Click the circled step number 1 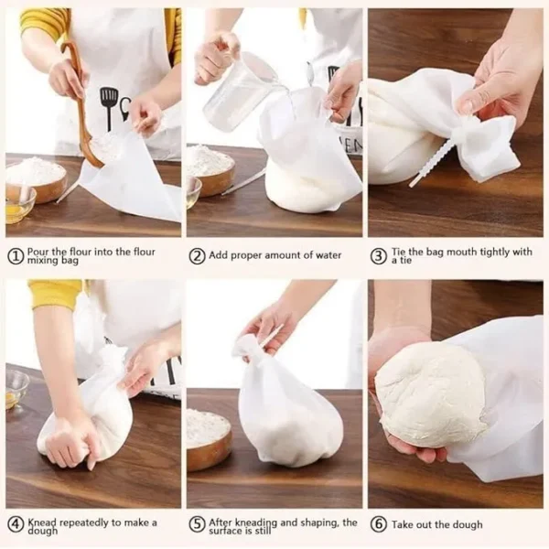pos(16,257)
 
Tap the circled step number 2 pos(197,257)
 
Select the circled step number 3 pos(379,257)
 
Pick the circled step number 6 pos(379,524)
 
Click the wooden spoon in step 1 pos(85,110)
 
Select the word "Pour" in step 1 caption pos(40,253)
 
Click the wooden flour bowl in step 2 pos(210,170)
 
